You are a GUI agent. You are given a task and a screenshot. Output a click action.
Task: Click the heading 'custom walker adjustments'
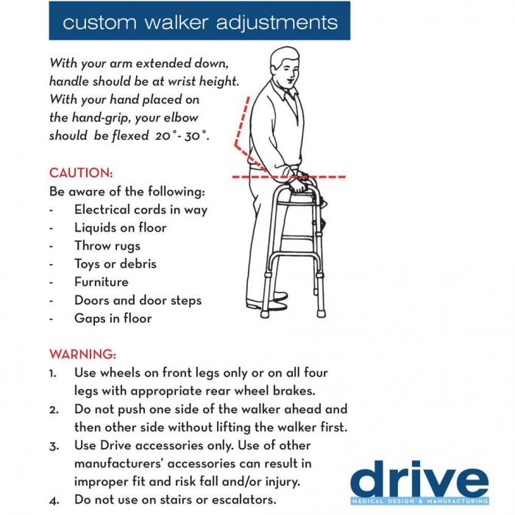click(199, 21)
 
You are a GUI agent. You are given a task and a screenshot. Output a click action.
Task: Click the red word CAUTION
click(81, 174)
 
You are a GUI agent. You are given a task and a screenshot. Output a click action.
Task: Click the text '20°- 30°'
click(177, 136)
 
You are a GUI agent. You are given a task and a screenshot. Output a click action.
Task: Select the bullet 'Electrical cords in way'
click(141, 210)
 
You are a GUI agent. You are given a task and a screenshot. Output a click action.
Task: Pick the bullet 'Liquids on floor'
click(120, 228)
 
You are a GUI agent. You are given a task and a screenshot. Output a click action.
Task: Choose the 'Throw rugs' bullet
click(107, 246)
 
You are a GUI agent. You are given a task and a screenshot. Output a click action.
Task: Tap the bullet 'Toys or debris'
click(115, 264)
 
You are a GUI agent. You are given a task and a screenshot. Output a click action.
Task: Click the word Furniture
click(102, 282)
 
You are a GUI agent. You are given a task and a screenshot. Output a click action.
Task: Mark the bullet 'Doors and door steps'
click(138, 300)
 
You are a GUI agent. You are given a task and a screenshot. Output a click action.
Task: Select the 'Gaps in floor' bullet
click(113, 319)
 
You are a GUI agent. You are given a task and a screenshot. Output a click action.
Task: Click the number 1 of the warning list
click(53, 373)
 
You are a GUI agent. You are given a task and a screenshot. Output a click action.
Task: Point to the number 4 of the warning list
click(53, 500)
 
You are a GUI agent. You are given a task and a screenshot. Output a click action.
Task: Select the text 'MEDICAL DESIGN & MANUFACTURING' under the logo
click(419, 502)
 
